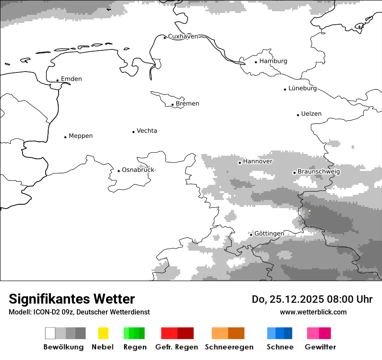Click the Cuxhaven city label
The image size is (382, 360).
(183, 36)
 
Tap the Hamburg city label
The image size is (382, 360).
(273, 61)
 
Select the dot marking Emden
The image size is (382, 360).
(57, 80)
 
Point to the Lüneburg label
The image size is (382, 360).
(303, 88)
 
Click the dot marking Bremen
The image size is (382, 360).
(172, 105)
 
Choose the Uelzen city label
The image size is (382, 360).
(311, 114)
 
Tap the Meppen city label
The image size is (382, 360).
(81, 136)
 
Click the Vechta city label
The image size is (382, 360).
(147, 131)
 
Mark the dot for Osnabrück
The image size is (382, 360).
(119, 171)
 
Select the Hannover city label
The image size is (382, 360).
(257, 161)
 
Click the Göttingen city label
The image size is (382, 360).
(269, 234)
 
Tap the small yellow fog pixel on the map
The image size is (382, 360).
(310, 211)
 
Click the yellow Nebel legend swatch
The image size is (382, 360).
(103, 333)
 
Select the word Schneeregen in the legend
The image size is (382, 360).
(229, 347)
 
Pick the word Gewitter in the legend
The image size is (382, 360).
(320, 347)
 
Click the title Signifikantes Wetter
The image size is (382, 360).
(72, 299)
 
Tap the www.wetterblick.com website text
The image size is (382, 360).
(313, 312)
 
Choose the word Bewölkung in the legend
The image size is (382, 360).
(63, 347)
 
